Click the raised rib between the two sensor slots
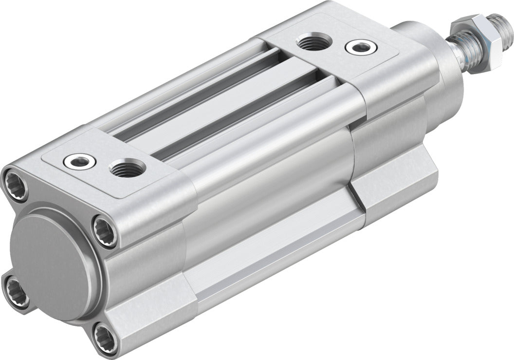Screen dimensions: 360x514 219,107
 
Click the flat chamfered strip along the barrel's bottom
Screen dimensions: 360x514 273,258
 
